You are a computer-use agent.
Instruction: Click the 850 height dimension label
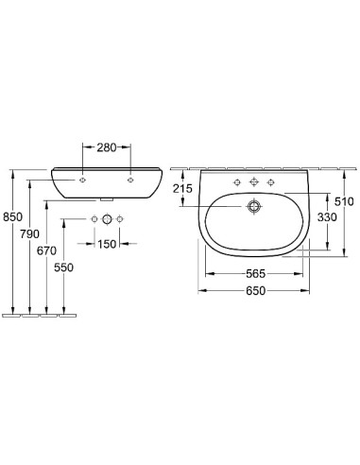pos(12,216)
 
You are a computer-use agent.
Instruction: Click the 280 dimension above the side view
pos(105,148)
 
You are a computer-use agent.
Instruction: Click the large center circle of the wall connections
pos(107,220)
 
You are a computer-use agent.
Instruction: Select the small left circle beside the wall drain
pos(94,220)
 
